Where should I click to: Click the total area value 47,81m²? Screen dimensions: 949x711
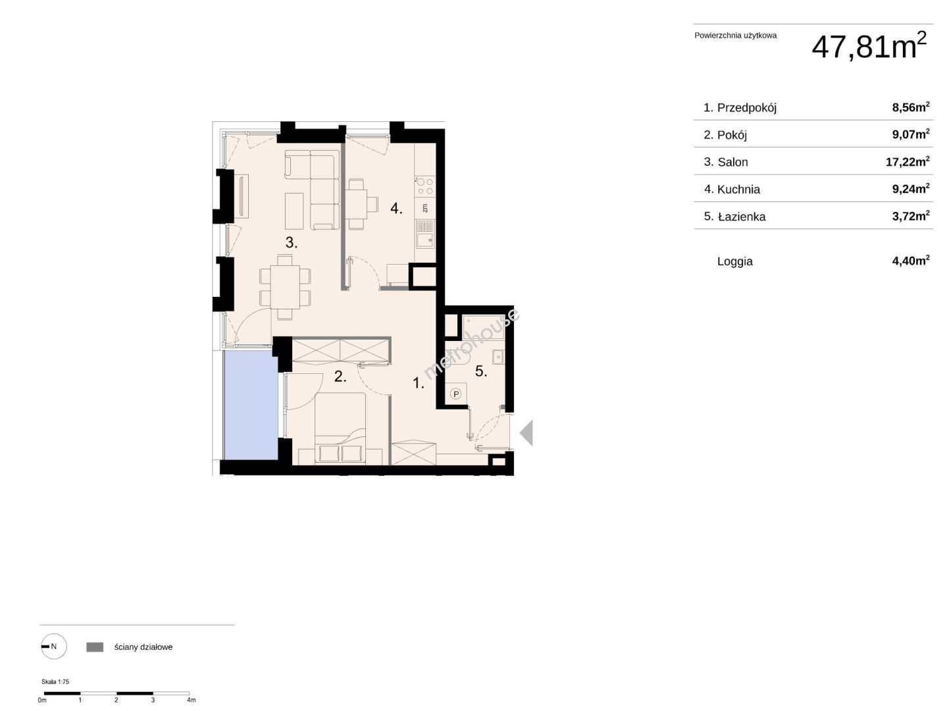[869, 46]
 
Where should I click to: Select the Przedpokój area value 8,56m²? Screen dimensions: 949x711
[911, 107]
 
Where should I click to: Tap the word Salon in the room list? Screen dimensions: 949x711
[732, 162]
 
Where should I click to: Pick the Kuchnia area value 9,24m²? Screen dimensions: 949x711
[911, 189]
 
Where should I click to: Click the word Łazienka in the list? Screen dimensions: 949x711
[742, 216]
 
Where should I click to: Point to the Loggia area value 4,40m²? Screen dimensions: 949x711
[911, 261]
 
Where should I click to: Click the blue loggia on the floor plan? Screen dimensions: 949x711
[251, 405]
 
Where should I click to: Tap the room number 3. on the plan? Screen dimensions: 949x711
[292, 243]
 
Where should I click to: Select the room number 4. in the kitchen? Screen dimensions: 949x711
[396, 209]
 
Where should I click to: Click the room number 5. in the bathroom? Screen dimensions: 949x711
[481, 371]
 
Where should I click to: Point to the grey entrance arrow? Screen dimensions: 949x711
[526, 433]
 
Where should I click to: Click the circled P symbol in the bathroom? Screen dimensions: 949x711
[455, 394]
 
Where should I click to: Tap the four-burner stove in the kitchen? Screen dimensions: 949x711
[424, 186]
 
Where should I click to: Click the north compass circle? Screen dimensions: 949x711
[54, 646]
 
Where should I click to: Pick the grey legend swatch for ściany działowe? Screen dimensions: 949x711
[95, 647]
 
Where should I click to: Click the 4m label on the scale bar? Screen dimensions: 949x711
[191, 700]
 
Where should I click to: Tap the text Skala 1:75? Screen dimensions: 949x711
[55, 682]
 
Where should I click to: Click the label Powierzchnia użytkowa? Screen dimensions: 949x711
[735, 36]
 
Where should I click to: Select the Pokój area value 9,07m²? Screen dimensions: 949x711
[911, 134]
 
